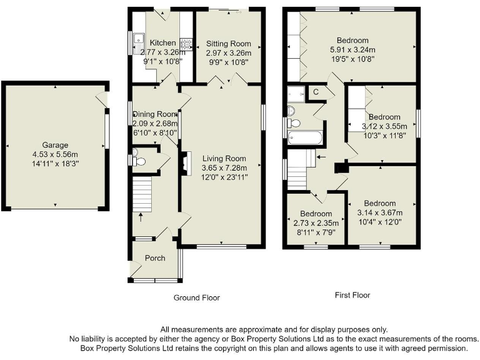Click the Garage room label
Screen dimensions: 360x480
tap(55, 145)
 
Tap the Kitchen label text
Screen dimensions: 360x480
tap(158, 43)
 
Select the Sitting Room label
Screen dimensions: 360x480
tap(229, 44)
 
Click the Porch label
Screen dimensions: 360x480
tap(155, 258)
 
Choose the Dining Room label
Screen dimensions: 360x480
tap(154, 114)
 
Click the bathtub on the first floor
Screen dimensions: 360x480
tap(306, 137)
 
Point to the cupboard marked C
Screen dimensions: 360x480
tap(316, 92)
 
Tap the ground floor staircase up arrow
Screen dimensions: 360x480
tap(140, 217)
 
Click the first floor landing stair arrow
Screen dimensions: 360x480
tap(321, 157)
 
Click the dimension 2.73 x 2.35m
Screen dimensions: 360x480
tap(316, 223)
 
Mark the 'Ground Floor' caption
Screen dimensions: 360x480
tap(196, 298)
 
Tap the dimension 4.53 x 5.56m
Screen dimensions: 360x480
tap(55, 154)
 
